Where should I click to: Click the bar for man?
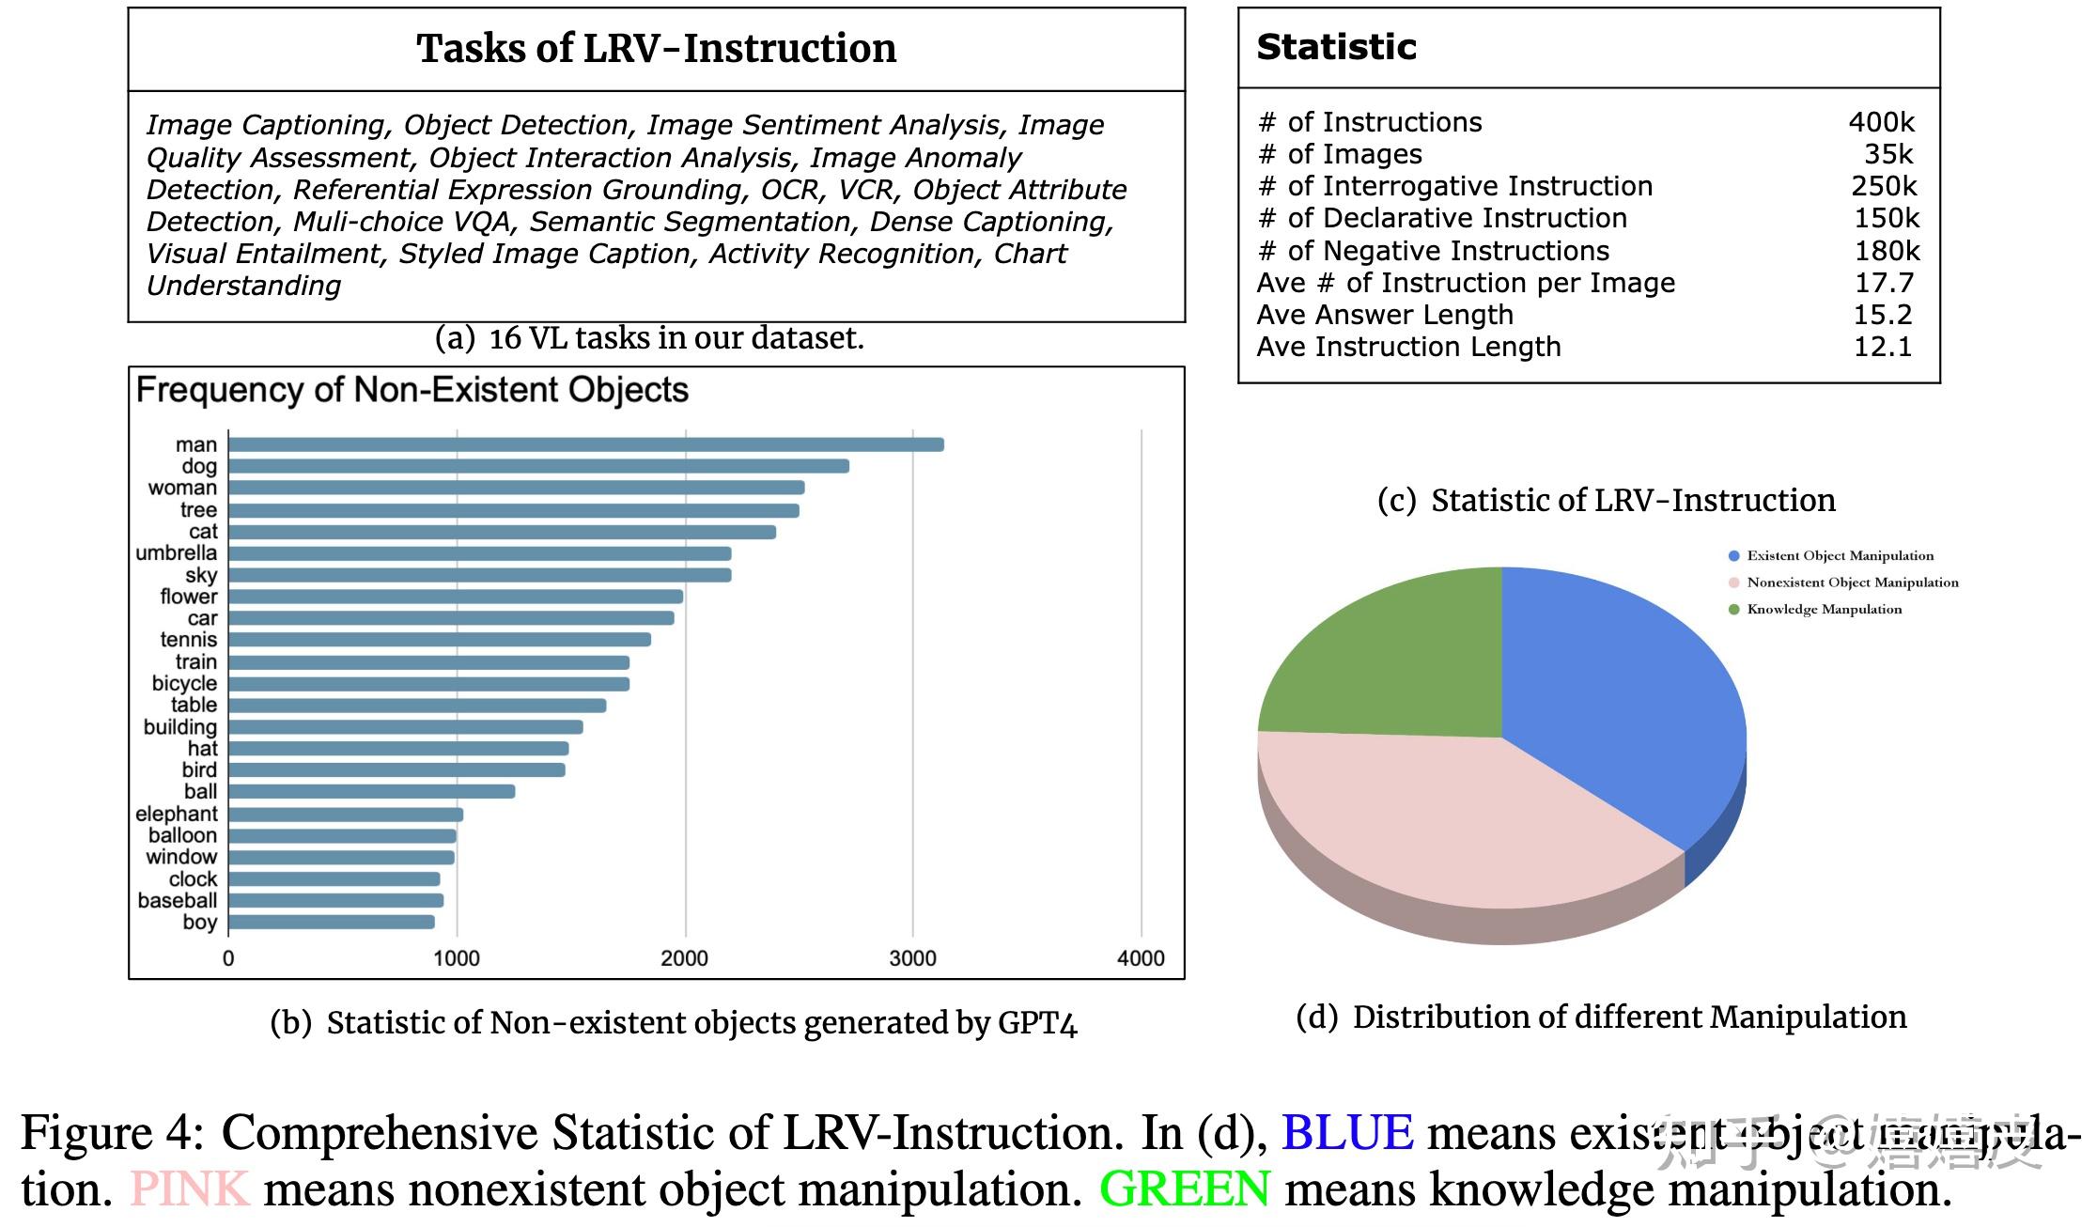pos(585,444)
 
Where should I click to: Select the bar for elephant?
pos(346,814)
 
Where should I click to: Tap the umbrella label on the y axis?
pos(176,552)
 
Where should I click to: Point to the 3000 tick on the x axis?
pos(912,957)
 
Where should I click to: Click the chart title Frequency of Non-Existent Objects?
pos(412,390)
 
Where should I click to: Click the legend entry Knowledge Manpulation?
pos(1823,609)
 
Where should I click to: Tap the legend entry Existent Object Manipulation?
pos(1839,555)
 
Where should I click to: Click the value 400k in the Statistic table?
pos(1881,122)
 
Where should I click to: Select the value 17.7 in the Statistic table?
pos(1884,283)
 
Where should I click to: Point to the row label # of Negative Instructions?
pos(1433,251)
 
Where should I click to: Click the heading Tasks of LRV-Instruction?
pos(656,49)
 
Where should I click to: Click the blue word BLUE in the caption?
pos(1346,1132)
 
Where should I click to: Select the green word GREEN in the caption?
pos(1184,1189)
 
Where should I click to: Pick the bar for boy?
pos(331,922)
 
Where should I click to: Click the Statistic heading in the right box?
pos(1336,47)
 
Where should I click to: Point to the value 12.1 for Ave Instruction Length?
pos(1882,347)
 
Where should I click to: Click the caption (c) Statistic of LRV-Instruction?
pos(1606,500)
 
